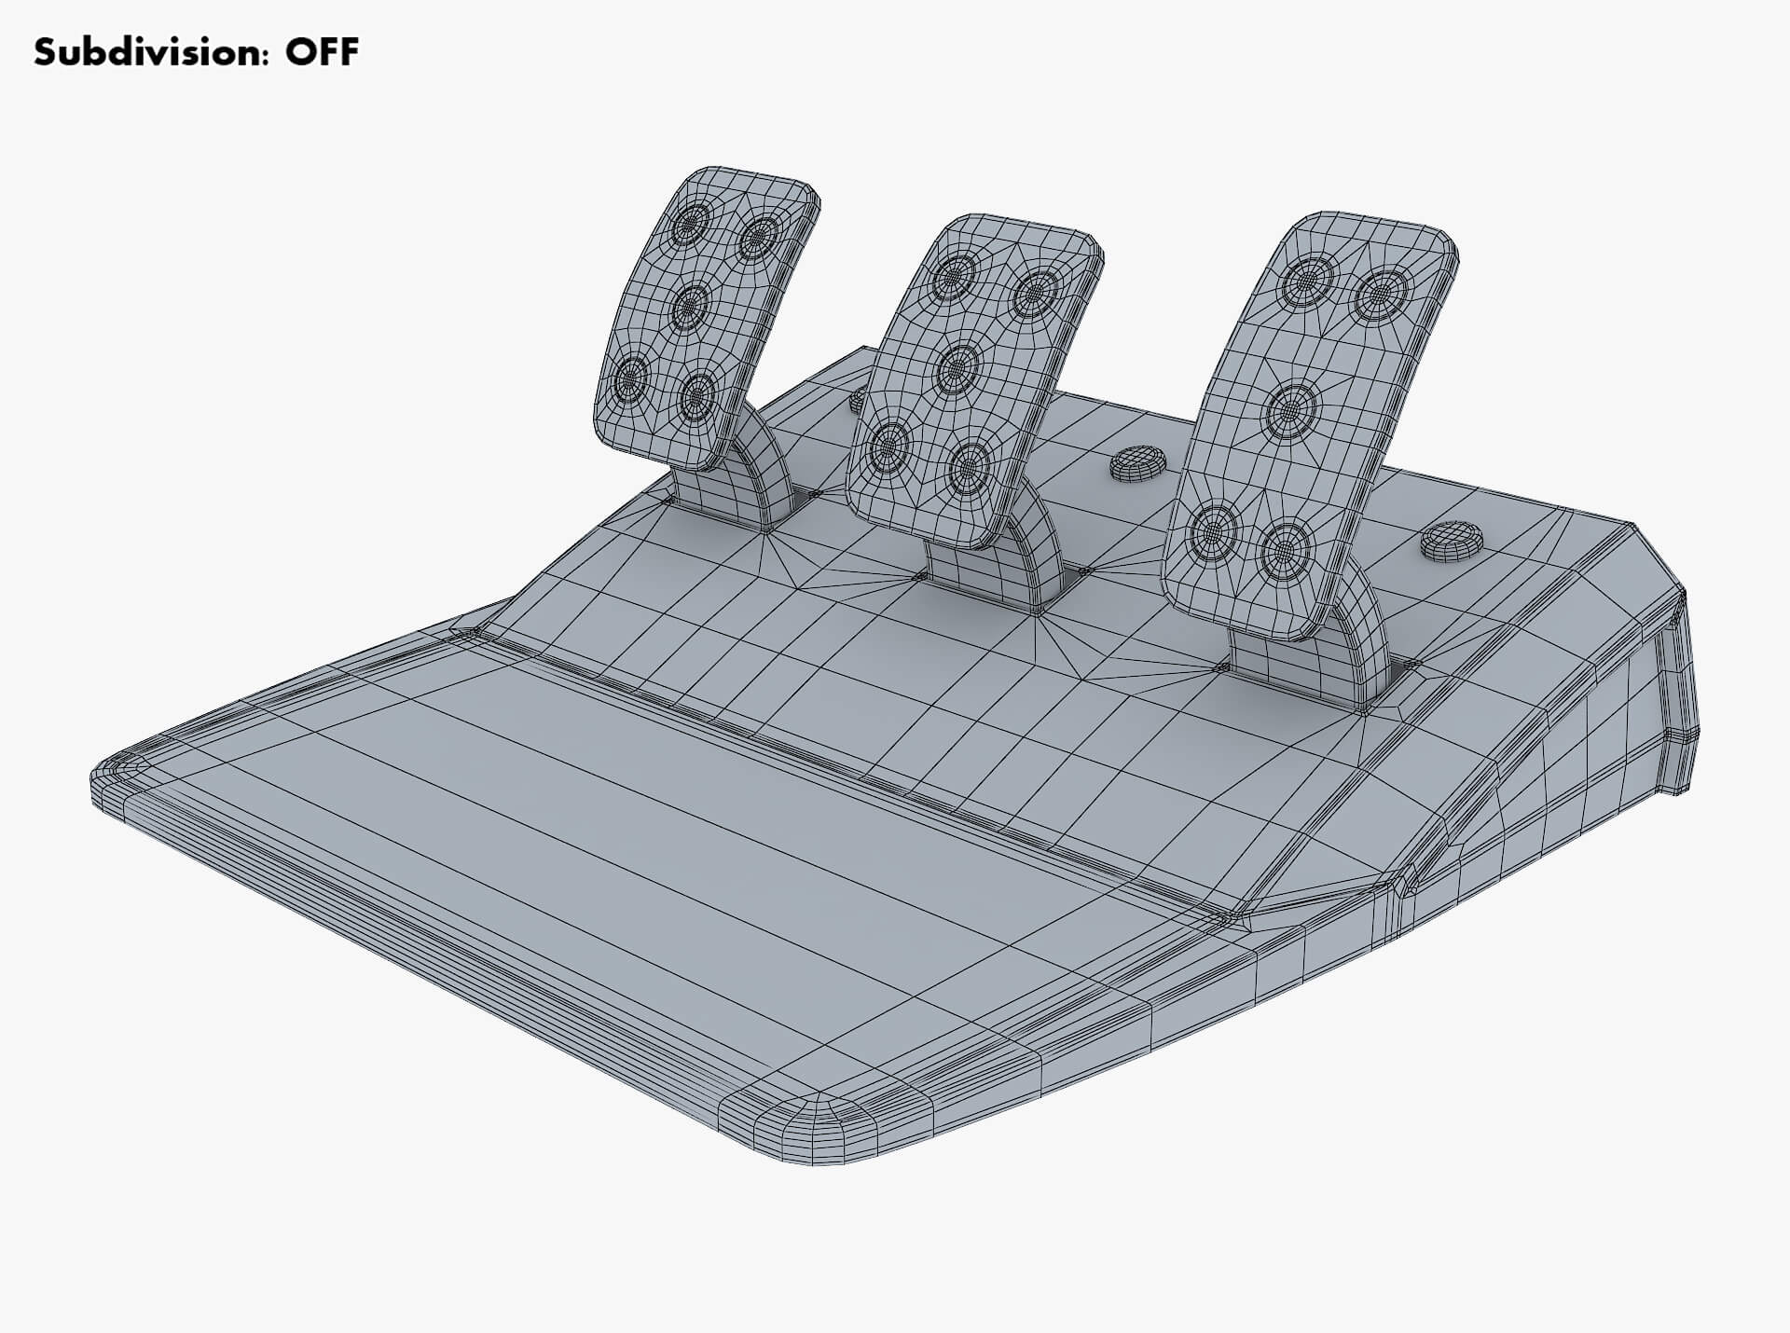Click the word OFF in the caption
coord(322,52)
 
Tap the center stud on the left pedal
coord(691,304)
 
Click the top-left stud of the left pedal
coord(692,223)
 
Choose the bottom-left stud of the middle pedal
coord(889,447)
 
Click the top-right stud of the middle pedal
coord(1034,292)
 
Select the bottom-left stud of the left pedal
coord(631,378)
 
